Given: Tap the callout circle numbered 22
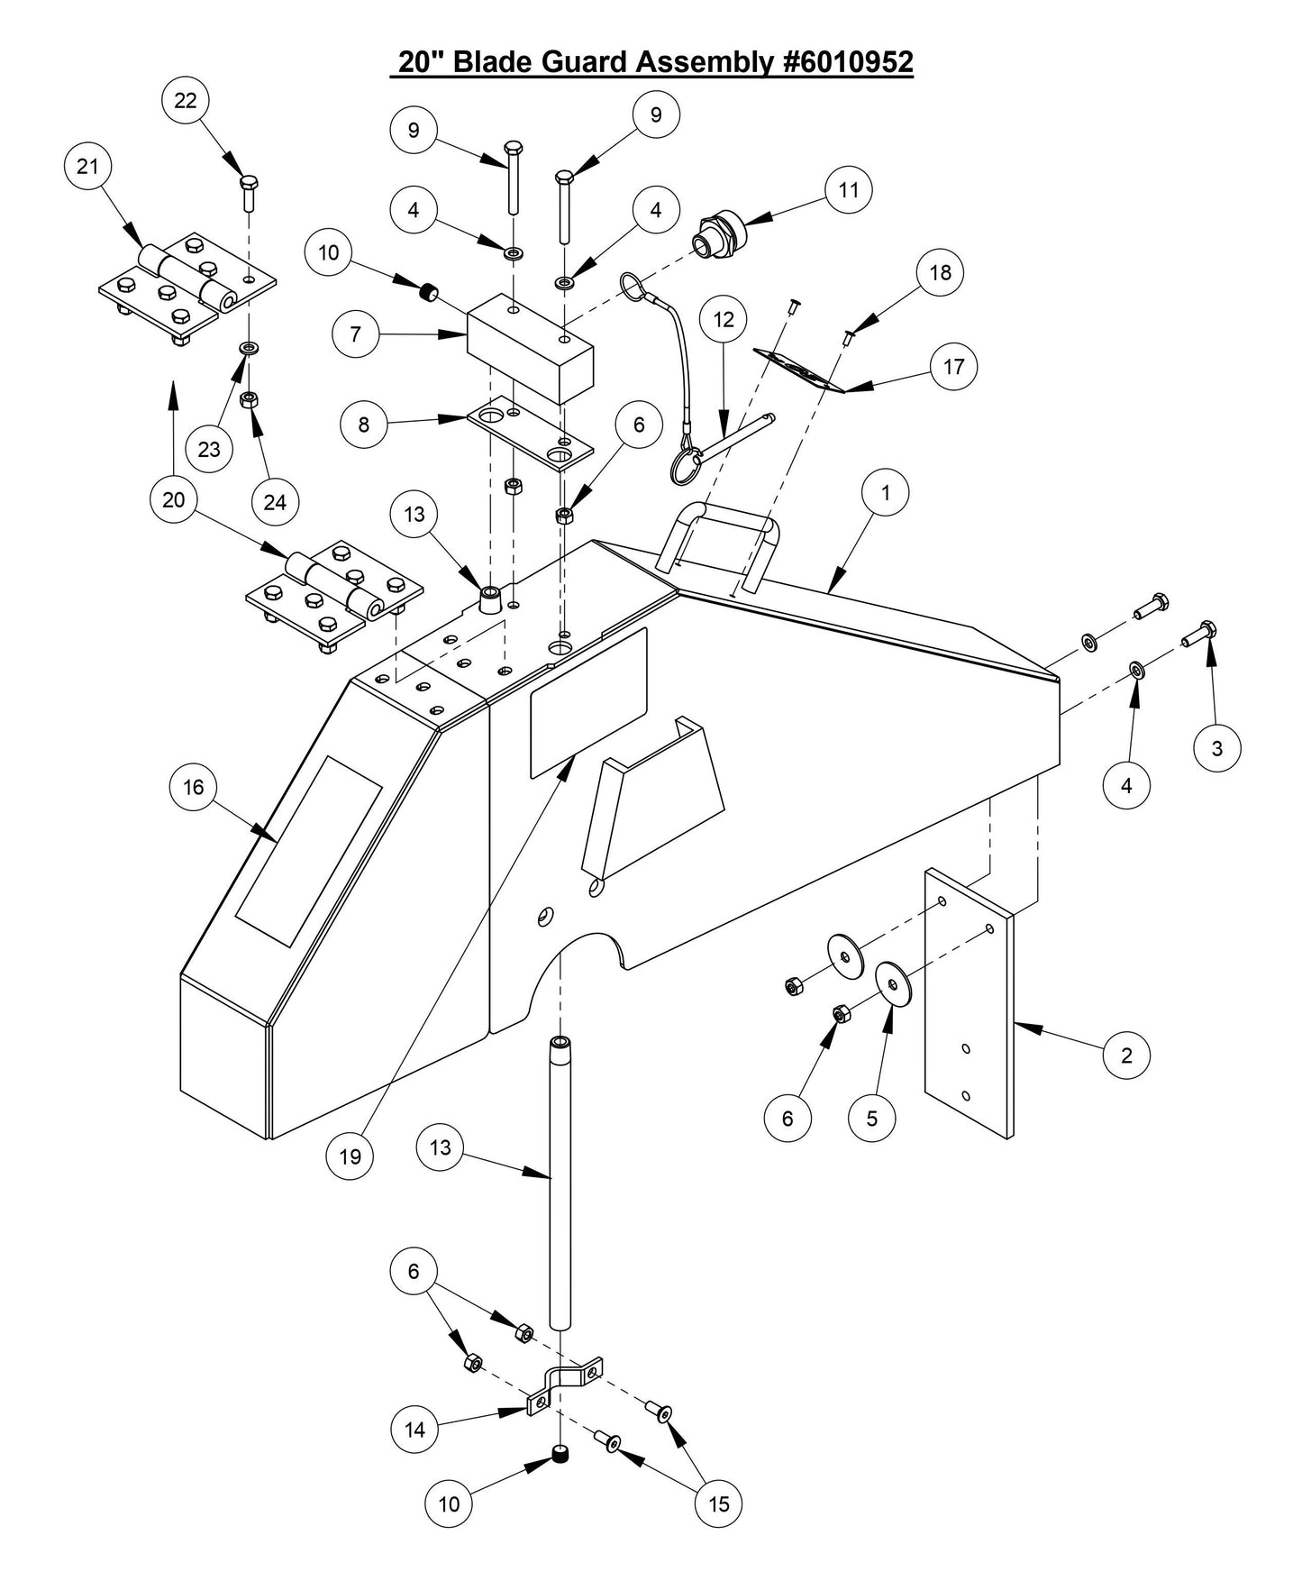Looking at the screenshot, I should point(186,101).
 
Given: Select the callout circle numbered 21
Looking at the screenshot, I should point(87,167).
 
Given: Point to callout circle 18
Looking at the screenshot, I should point(940,272).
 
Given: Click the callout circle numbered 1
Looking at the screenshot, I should point(885,492).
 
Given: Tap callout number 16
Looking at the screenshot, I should point(194,788).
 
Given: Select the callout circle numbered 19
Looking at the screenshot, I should point(350,1156).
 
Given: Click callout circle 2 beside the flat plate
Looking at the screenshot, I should point(1126,1055).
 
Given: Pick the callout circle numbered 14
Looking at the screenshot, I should point(414,1430).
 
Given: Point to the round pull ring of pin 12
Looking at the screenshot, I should point(685,468).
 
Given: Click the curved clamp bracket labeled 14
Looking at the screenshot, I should point(565,1388).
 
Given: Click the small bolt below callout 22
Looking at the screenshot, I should point(249,190).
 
